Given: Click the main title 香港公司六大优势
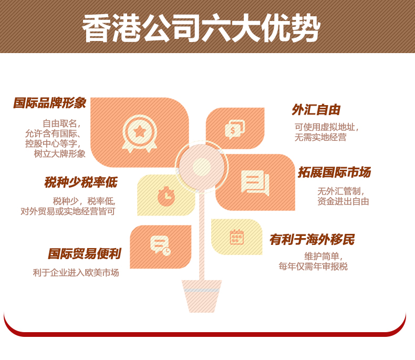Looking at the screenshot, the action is [201, 28].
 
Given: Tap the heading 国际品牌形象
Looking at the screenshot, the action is [50, 103].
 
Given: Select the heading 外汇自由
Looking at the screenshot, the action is [316, 110].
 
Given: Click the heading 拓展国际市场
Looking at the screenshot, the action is [334, 172].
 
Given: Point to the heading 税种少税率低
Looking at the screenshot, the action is [81, 182].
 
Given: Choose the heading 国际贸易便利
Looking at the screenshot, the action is [85, 254].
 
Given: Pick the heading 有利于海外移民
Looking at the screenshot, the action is [312, 240].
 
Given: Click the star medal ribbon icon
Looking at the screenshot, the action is [140, 133].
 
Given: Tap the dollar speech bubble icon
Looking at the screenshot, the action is [235, 129].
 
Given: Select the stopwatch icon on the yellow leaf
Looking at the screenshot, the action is [166, 196].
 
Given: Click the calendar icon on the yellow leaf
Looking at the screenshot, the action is [236, 237].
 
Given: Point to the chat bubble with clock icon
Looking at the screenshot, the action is [160, 245].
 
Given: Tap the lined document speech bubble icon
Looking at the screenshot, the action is [255, 183].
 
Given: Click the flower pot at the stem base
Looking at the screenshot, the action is [202, 296].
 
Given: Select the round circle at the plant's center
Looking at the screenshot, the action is [202, 167].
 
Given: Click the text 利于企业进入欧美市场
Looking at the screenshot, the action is [76, 273].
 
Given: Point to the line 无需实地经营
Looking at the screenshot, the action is [320, 137].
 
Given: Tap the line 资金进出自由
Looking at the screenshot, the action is [343, 201].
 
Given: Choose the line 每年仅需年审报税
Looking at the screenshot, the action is [313, 266].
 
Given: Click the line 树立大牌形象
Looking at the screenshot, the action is [60, 154].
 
